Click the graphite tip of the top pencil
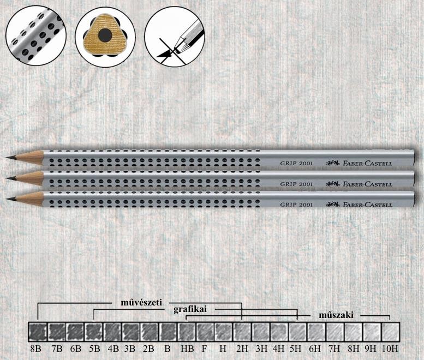point(10,157)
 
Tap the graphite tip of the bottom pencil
point(11,199)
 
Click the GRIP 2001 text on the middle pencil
point(296,184)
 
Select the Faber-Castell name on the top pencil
point(367,163)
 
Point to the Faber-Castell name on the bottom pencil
point(367,205)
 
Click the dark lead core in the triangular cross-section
point(105,35)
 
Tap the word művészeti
point(141,302)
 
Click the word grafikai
point(190,309)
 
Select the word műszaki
point(336,315)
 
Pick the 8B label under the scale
point(35,349)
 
